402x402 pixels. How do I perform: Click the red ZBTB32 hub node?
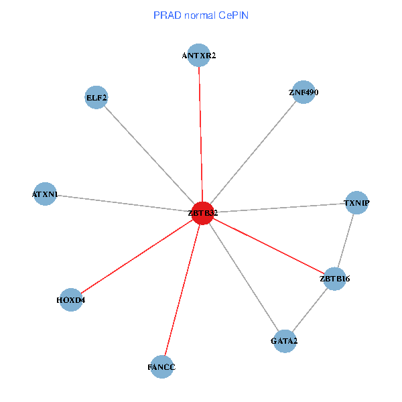point(202,212)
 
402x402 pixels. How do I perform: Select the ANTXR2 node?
point(199,56)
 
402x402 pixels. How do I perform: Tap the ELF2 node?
point(97,98)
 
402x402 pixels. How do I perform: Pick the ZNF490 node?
point(304,92)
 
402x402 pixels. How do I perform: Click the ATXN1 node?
point(45,194)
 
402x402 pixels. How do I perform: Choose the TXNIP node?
point(357,202)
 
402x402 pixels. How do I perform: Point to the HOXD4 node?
point(71,299)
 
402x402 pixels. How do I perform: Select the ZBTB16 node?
point(335,279)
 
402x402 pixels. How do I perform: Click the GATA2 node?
point(285,341)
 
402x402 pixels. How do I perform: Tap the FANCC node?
point(162,367)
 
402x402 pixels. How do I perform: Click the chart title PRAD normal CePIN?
point(201,15)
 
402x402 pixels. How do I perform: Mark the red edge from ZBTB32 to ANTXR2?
point(200,134)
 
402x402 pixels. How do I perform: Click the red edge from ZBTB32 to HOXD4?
point(137,256)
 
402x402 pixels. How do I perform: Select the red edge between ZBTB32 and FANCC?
point(182,289)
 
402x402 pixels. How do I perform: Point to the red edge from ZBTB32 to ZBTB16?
point(268,245)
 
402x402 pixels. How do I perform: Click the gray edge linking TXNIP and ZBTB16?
point(346,241)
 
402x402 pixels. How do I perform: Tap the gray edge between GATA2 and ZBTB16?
point(310,310)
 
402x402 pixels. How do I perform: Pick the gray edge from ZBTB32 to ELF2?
point(149,155)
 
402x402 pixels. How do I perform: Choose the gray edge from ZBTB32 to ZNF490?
point(253,152)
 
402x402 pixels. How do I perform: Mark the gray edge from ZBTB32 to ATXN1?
point(124,203)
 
